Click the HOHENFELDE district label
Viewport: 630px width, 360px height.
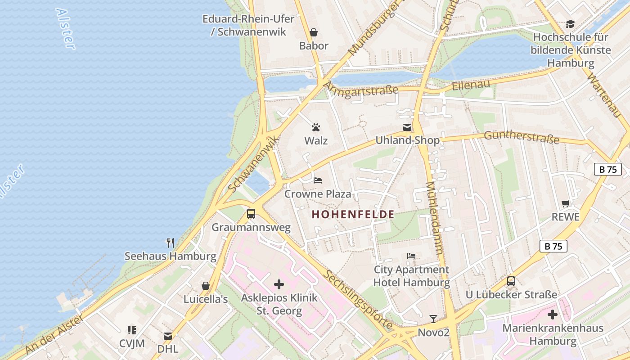[353, 215]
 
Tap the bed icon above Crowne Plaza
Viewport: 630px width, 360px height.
[318, 180]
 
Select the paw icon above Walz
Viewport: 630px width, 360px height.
[316, 127]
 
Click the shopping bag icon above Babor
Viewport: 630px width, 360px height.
[314, 32]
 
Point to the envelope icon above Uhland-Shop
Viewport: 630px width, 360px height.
[407, 127]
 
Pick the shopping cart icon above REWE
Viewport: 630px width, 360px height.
[566, 203]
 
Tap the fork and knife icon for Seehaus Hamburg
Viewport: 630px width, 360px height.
[171, 243]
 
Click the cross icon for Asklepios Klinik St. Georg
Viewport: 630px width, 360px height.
[279, 284]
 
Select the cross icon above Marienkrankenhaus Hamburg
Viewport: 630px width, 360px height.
[553, 315]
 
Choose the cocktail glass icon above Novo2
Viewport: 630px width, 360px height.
[433, 319]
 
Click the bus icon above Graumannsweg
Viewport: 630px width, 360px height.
[251, 214]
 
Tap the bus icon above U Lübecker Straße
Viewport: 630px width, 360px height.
[511, 281]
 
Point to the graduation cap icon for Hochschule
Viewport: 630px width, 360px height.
[570, 24]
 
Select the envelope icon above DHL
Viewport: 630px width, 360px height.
[168, 336]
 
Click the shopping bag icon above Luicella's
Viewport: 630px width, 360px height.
[206, 286]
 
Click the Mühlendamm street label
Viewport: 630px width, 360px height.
[435, 218]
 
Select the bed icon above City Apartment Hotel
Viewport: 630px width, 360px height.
[411, 256]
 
